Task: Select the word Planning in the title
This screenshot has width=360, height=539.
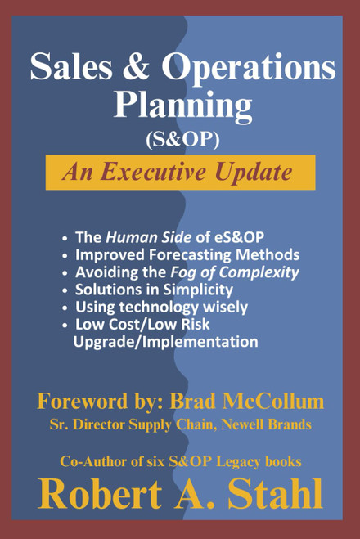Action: (x=182, y=104)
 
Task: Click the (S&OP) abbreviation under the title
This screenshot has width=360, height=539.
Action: (x=182, y=139)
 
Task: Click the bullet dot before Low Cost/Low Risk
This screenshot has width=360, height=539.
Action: (x=65, y=325)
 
